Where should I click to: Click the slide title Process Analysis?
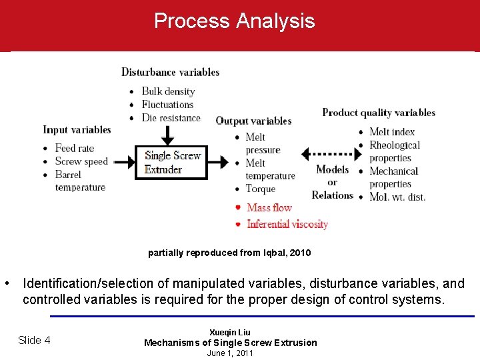click(234, 21)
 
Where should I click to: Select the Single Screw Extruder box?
click(171, 163)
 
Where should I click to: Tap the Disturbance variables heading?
click(170, 72)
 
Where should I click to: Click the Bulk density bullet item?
click(168, 91)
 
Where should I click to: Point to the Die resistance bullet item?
click(171, 118)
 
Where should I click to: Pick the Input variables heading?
click(77, 129)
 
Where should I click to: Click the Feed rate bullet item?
click(74, 148)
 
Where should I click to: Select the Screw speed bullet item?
click(81, 161)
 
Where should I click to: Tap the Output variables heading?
click(253, 121)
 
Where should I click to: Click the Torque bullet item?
click(260, 189)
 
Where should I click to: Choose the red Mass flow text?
click(269, 207)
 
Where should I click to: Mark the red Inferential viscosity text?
click(287, 224)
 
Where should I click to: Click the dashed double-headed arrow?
click(331, 154)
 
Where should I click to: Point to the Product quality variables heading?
click(379, 112)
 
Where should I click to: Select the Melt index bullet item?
click(392, 132)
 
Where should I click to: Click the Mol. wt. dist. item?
click(397, 197)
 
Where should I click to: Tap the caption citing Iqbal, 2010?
click(229, 253)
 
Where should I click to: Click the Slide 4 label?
click(34, 340)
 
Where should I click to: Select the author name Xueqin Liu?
click(230, 332)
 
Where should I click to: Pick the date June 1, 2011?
click(230, 353)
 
